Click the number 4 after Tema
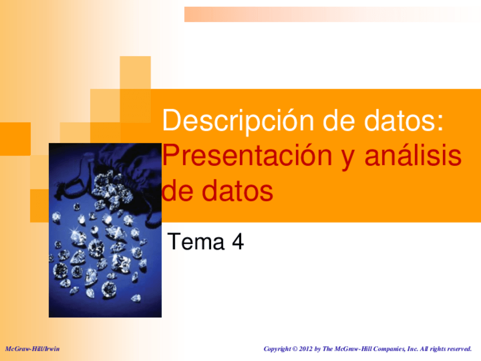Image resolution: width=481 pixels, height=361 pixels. click(x=238, y=242)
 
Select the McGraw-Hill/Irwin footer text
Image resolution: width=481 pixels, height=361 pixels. click(x=32, y=348)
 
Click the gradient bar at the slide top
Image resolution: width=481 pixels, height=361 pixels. click(x=332, y=14)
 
